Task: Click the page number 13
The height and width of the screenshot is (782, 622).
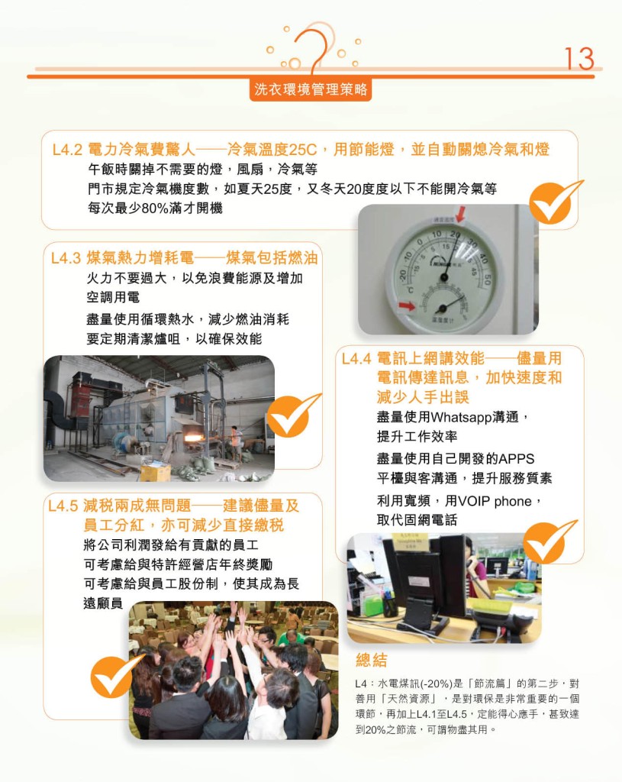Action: [x=579, y=59]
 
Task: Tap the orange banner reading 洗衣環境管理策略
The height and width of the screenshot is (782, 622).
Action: [x=311, y=89]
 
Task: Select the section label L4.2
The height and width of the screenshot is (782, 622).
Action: [x=67, y=150]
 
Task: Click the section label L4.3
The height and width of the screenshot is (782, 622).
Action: [x=66, y=258]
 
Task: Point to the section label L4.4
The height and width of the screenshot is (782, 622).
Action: [x=356, y=359]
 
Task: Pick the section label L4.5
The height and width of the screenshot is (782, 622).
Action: [x=63, y=506]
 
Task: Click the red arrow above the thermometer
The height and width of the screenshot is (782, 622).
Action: [x=460, y=214]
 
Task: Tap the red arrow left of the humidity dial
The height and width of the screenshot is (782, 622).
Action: [x=407, y=305]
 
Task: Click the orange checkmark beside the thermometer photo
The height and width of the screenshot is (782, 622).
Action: [x=554, y=201]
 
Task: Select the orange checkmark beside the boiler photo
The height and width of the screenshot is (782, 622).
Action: [x=292, y=415]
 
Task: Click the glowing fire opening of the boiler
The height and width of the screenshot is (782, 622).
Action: [x=195, y=439]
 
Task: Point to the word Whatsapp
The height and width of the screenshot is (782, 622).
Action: [x=462, y=418]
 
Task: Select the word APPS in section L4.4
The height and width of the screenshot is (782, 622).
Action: [x=517, y=459]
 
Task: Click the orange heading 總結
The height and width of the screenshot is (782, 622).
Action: [x=372, y=661]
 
